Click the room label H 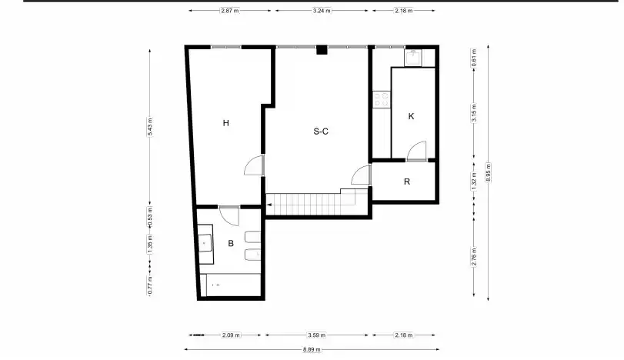[x=225, y=123]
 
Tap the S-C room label [x=321, y=132]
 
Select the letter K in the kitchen [x=411, y=116]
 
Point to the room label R [x=407, y=182]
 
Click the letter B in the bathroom [x=231, y=243]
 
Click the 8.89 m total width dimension [x=312, y=350]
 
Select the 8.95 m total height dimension [x=489, y=172]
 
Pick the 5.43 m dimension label [x=150, y=127]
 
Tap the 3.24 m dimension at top [x=322, y=11]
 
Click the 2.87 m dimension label [x=230, y=11]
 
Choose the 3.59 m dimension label [x=316, y=335]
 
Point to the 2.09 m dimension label [x=231, y=335]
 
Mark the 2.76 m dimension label [x=473, y=257]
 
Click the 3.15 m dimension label [x=473, y=113]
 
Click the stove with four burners [x=381, y=99]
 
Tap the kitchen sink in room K [x=413, y=58]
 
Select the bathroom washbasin [x=205, y=244]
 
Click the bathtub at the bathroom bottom [x=230, y=285]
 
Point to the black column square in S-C [x=322, y=50]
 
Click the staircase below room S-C [x=316, y=203]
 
